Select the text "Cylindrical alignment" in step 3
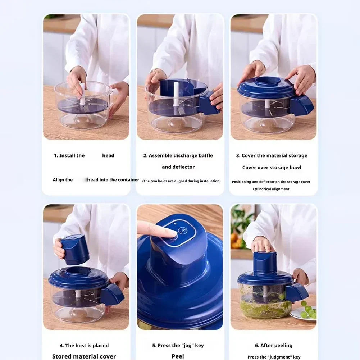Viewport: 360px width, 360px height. [271, 189]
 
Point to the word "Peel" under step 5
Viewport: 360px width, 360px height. [178, 356]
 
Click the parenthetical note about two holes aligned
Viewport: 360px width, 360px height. [181, 181]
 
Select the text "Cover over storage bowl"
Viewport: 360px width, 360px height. [272, 168]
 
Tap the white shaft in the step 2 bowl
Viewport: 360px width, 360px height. [176, 95]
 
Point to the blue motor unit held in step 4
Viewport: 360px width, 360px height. [75, 249]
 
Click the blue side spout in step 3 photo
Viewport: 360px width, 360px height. [301, 105]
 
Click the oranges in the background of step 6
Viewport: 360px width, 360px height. [236, 241]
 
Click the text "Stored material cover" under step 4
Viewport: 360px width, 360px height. [84, 356]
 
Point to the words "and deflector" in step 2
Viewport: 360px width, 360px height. [178, 167]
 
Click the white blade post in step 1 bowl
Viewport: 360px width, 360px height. [82, 94]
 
